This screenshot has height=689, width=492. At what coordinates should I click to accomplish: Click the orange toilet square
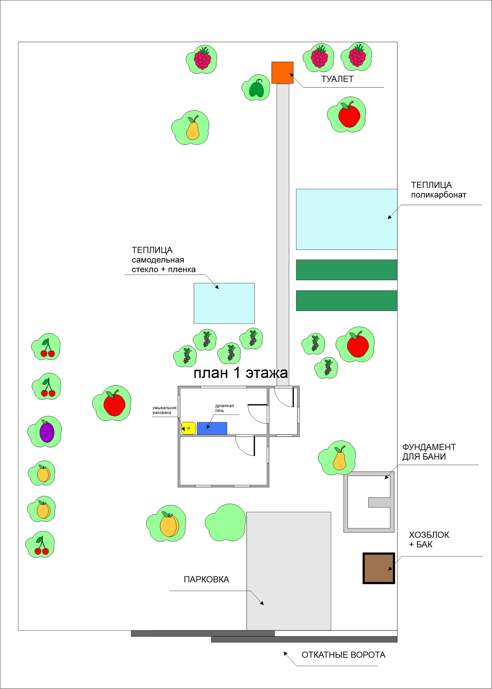pyautogui.click(x=282, y=73)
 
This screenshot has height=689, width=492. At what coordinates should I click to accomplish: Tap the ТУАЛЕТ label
pyautogui.click(x=337, y=79)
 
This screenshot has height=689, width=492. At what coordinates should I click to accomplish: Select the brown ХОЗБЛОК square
pyautogui.click(x=379, y=568)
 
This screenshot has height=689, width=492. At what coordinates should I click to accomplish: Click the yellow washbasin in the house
pyautogui.click(x=188, y=428)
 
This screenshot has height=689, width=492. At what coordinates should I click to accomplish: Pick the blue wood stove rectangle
pyautogui.click(x=212, y=428)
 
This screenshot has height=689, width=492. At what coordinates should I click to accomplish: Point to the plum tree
pyautogui.click(x=46, y=432)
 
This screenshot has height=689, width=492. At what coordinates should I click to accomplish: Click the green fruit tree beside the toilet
pyautogui.click(x=256, y=88)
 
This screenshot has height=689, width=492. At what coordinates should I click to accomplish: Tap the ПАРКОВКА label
pyautogui.click(x=206, y=579)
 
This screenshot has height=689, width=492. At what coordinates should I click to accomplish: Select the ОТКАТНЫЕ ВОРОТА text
pyautogui.click(x=343, y=655)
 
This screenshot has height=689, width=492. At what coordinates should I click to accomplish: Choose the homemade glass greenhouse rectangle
pyautogui.click(x=224, y=303)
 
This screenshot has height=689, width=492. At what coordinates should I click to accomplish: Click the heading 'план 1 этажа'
pyautogui.click(x=240, y=373)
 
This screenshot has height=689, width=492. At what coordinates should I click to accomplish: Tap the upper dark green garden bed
pyautogui.click(x=346, y=270)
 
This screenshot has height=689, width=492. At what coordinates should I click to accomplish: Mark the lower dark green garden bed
pyautogui.click(x=346, y=301)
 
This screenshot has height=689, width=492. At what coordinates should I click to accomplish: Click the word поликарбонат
pyautogui.click(x=439, y=195)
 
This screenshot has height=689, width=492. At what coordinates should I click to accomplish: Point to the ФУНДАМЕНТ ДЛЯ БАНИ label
pyautogui.click(x=429, y=452)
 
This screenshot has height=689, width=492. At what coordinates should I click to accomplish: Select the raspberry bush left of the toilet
pyautogui.click(x=202, y=59)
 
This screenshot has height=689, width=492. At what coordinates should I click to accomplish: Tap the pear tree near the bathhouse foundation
pyautogui.click(x=338, y=458)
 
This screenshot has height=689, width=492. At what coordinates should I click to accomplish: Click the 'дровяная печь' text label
pyautogui.click(x=224, y=408)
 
